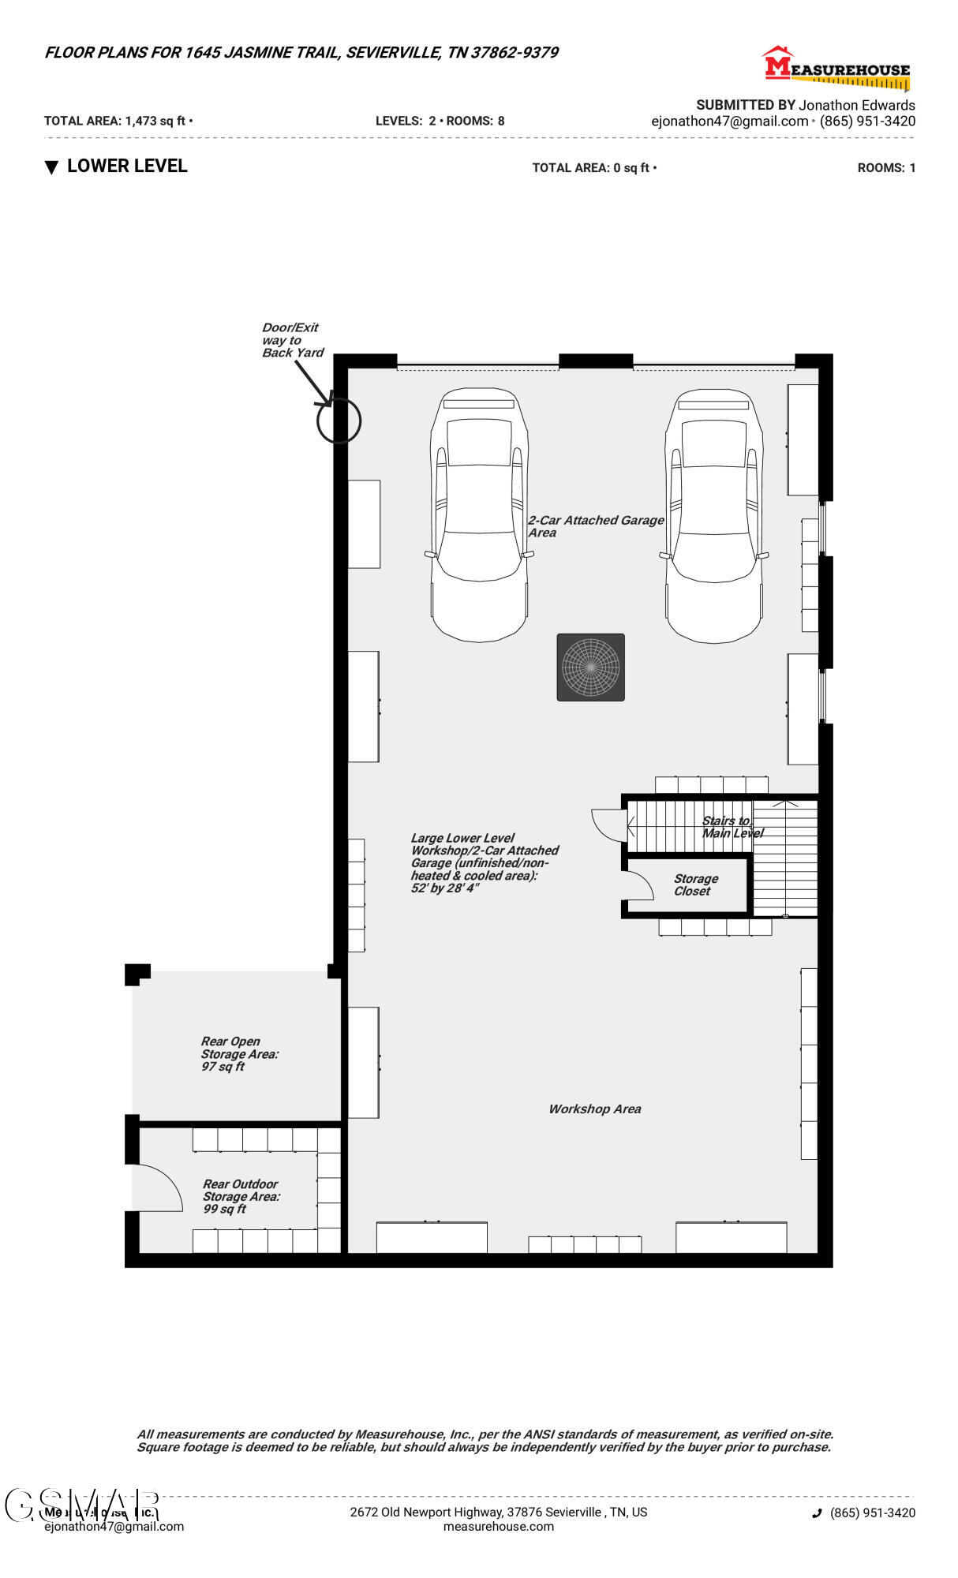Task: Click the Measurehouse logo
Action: point(836,68)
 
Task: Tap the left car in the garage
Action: point(479,514)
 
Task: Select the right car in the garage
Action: point(713,514)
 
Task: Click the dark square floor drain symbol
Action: point(590,667)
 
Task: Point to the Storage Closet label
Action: point(695,884)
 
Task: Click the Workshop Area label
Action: point(594,1109)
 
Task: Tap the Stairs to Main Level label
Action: point(732,827)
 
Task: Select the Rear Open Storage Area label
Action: point(238,1053)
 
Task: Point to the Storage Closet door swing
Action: point(639,885)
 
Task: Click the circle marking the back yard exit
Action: point(339,421)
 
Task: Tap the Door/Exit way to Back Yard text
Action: point(292,340)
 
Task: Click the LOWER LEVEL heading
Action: point(126,166)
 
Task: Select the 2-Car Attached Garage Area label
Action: point(595,525)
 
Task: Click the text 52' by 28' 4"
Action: point(444,888)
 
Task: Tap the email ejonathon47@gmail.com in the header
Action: point(729,121)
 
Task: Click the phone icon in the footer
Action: point(817,1513)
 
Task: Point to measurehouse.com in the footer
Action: point(498,1526)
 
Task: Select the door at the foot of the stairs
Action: point(608,825)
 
